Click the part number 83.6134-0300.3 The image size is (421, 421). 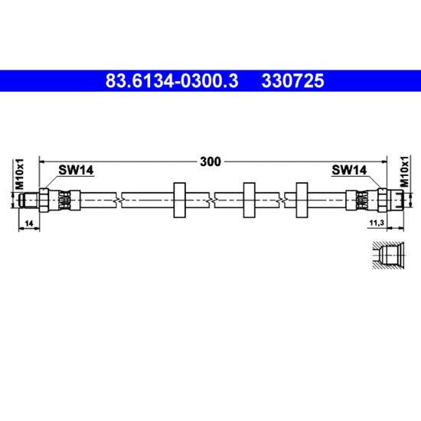pos(171,81)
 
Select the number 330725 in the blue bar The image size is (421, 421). pos(293,81)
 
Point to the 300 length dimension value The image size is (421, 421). pos(210,162)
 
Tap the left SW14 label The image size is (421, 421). pos(76,170)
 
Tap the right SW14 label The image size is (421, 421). pos(349,170)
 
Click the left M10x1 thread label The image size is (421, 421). pos(20,174)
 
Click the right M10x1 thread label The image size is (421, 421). pos(404,171)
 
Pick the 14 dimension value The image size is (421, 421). pos(29,223)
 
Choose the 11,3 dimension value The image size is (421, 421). pos(377,223)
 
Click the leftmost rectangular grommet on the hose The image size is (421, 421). pos(180,200)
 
